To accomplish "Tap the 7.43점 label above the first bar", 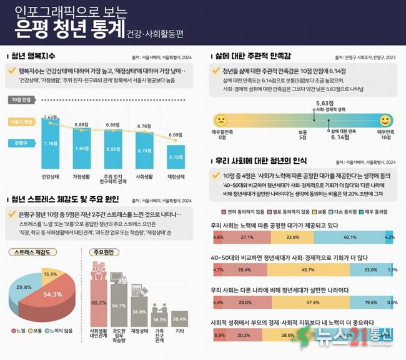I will click(x=50, y=117).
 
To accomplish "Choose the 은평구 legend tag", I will click(x=21, y=142).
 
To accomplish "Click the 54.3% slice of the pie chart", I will click(x=51, y=294).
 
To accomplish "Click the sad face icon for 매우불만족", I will click(x=220, y=120).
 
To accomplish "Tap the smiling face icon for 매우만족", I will click(x=385, y=119).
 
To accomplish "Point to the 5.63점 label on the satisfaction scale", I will click(x=324, y=102).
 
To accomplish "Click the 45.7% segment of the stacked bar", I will click(x=308, y=270).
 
